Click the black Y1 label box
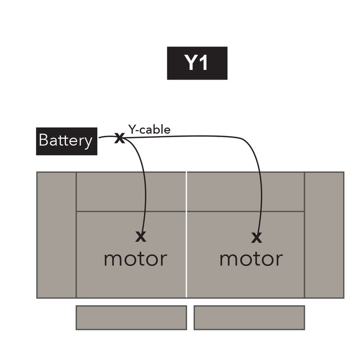click(x=197, y=63)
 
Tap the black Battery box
click(x=67, y=141)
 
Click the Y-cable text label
click(x=149, y=130)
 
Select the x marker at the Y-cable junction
click(x=120, y=138)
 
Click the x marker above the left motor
click(x=141, y=237)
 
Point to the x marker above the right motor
click(x=257, y=238)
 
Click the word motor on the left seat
click(x=135, y=259)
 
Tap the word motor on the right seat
click(x=251, y=259)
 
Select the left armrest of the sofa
click(x=57, y=235)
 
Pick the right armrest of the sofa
click(x=324, y=235)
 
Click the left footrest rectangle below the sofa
click(x=131, y=318)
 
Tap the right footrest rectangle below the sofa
click(x=249, y=318)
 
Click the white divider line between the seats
click(x=186, y=252)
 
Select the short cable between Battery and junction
click(x=107, y=136)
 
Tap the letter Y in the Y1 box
click(x=191, y=63)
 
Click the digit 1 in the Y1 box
click(x=204, y=63)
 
